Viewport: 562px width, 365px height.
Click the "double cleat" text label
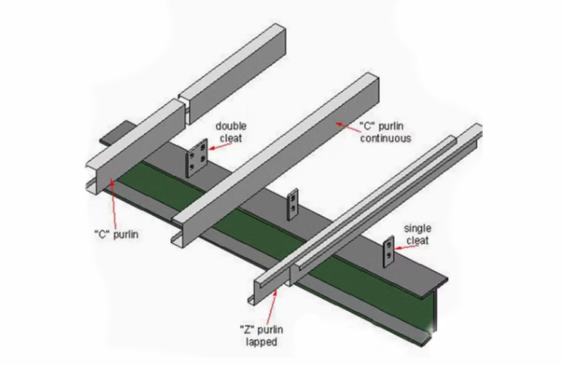231,131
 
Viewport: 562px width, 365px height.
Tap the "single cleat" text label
418,234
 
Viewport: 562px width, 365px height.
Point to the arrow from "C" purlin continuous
347,125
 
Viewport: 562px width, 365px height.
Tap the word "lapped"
257,342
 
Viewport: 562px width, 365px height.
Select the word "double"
231,126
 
